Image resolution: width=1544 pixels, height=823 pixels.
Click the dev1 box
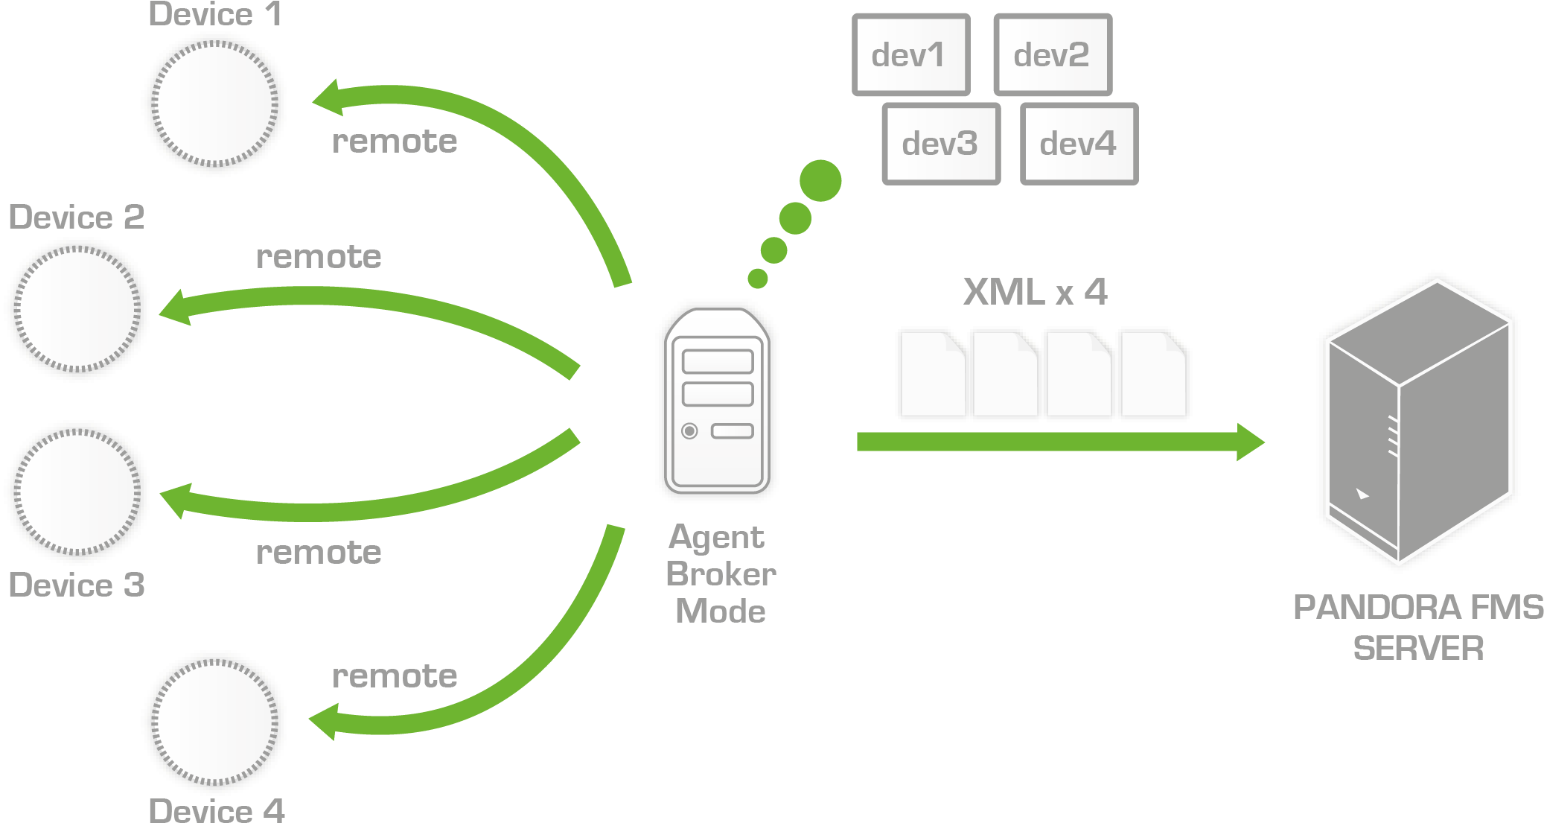coord(910,55)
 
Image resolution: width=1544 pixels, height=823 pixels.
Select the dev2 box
coord(1052,55)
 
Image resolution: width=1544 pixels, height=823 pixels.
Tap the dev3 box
coord(940,144)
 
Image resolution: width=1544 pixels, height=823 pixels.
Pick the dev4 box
coord(1079,144)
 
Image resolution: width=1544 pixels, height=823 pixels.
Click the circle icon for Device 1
coord(214,104)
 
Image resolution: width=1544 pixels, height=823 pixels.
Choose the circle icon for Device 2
coord(77,309)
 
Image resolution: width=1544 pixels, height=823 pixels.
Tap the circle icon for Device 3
coord(77,492)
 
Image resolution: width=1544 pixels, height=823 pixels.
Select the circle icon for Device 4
coord(214,722)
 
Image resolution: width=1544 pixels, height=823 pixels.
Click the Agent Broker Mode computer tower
coord(717,402)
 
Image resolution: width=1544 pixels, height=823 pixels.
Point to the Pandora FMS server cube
coord(1419,421)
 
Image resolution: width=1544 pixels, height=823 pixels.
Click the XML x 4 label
coord(1035,291)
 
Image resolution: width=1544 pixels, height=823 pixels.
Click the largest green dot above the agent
coord(820,180)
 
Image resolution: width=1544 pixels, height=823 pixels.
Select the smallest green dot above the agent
coord(758,279)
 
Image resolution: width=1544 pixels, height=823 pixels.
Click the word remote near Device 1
coord(395,142)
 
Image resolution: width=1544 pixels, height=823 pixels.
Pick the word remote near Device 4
coord(395,676)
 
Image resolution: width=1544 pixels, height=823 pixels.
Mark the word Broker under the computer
coord(721,574)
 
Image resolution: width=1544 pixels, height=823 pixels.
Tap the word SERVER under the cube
coord(1418,648)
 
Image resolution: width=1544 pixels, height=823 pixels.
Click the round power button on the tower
coord(689,430)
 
